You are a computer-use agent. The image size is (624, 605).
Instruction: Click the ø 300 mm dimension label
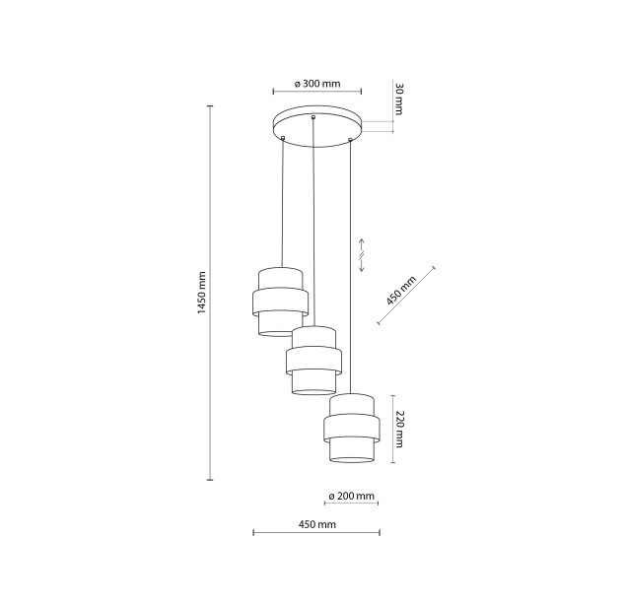tap(317, 84)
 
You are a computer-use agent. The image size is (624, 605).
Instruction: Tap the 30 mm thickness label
tap(399, 99)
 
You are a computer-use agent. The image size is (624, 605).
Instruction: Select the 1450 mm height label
tap(202, 293)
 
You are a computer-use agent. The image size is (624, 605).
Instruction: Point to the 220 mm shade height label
tap(399, 429)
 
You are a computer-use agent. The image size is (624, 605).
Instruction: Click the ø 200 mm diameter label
tap(352, 496)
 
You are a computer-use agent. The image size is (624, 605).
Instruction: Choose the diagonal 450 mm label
tap(401, 291)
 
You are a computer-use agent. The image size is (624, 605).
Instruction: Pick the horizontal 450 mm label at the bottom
tap(316, 524)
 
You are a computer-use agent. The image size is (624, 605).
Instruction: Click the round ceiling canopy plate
tap(317, 126)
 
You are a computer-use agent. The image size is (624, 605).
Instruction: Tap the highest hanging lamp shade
tap(280, 302)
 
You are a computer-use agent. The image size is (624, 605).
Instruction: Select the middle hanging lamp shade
tap(313, 361)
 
